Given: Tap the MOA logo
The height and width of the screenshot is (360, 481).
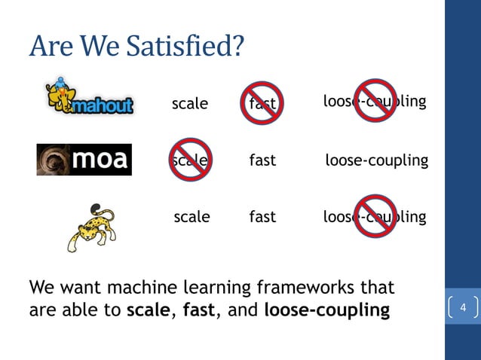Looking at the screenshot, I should [x=84, y=159].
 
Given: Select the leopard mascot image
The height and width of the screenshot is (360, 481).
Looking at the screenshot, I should [x=93, y=227].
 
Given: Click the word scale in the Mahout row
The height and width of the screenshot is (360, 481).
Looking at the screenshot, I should [x=190, y=104].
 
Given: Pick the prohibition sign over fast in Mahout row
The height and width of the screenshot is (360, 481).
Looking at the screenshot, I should [x=262, y=103].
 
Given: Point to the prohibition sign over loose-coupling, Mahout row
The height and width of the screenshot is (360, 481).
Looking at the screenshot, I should [x=376, y=100].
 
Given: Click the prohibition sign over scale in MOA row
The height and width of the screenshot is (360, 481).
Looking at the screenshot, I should [x=190, y=160].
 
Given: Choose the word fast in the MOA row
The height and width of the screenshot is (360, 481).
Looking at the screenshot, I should [x=262, y=160].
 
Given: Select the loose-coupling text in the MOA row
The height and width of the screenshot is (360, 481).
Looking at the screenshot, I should [x=376, y=160].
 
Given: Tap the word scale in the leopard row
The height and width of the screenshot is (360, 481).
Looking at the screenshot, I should [x=191, y=217].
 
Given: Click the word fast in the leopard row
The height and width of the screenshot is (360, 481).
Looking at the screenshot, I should [x=262, y=217].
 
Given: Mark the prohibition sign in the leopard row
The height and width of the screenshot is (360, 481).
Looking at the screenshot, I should [x=376, y=217].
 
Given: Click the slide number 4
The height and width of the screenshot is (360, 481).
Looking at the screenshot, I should [x=463, y=308].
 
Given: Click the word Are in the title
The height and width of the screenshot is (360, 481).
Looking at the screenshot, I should [x=49, y=46].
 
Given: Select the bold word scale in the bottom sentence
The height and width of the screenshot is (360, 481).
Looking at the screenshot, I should [x=147, y=310].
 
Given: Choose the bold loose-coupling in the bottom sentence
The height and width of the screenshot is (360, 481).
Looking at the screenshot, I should [x=326, y=310].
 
